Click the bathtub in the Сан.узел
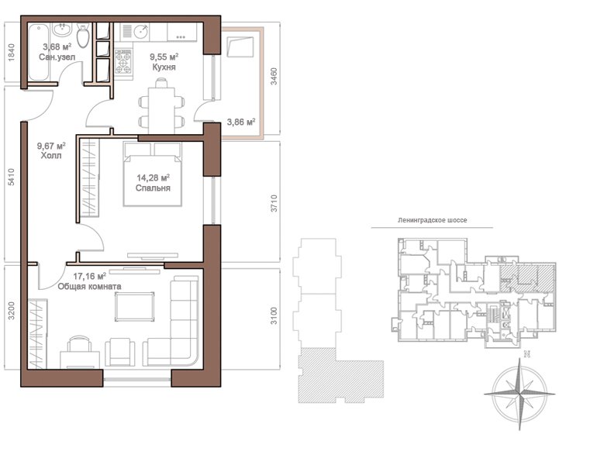click(40, 52)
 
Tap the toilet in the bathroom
click(83, 35)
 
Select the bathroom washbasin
click(62, 29)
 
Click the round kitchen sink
click(141, 31)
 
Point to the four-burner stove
click(123, 61)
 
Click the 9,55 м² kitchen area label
click(164, 57)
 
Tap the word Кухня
click(164, 67)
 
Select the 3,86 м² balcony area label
click(241, 122)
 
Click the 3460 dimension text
click(274, 76)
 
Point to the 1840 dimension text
click(11, 53)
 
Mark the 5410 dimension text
click(11, 177)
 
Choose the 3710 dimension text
click(274, 203)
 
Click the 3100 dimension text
click(274, 316)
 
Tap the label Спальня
click(153, 188)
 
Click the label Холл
click(51, 156)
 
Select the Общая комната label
click(89, 287)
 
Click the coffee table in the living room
click(135, 307)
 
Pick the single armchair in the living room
click(120, 352)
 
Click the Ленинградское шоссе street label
click(432, 220)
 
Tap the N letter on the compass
click(527, 354)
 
